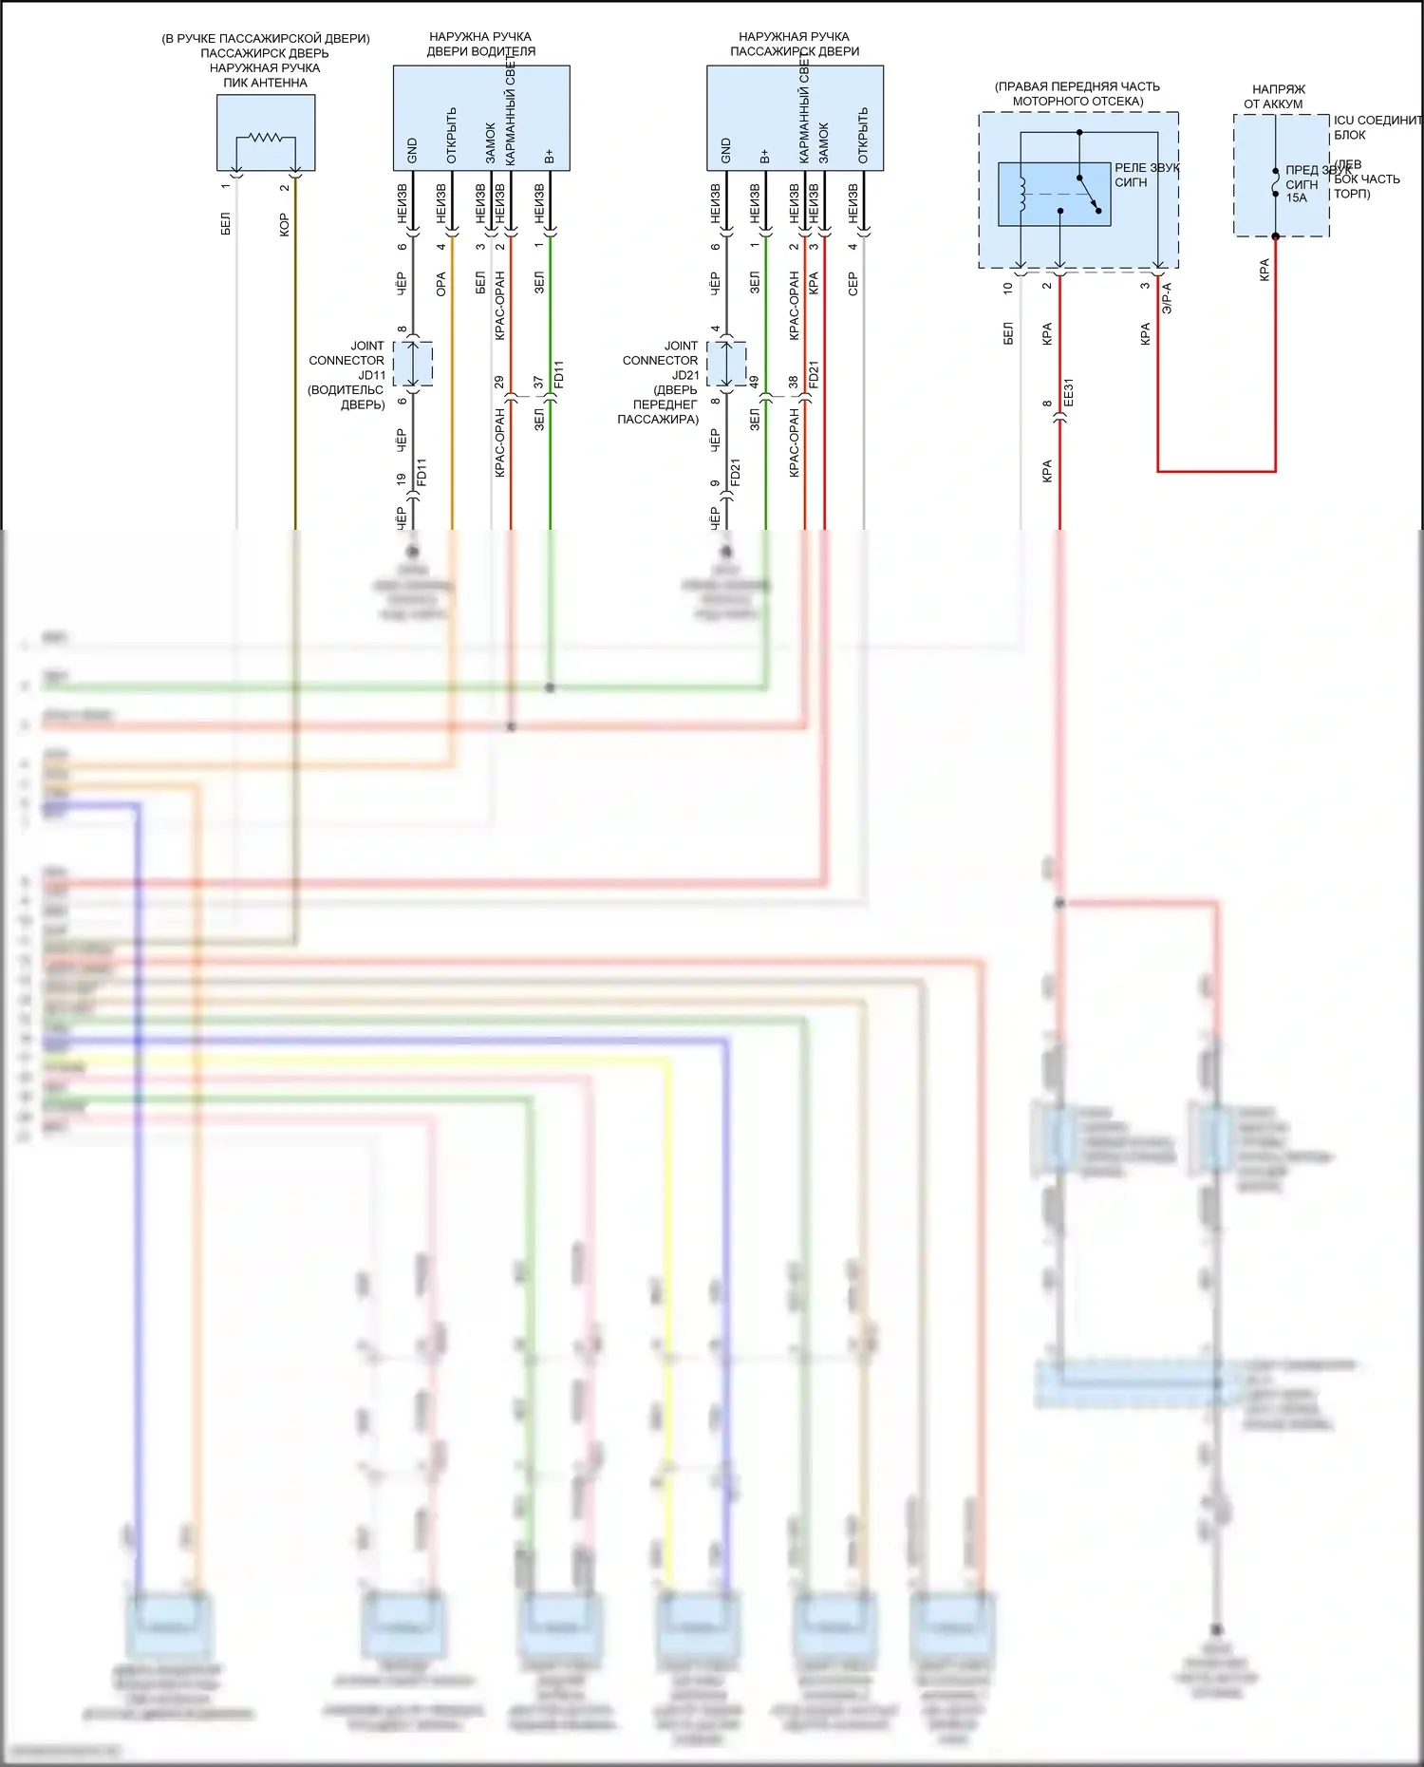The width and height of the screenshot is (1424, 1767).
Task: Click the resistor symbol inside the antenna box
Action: coord(265,138)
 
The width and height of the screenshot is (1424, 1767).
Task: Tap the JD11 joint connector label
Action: coord(371,375)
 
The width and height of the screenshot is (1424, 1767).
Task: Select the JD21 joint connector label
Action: coord(685,375)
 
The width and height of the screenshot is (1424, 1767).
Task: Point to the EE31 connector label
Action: coord(1068,392)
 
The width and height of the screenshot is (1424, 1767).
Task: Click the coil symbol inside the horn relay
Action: coord(1021,194)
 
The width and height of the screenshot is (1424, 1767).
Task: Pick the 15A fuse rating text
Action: coord(1296,198)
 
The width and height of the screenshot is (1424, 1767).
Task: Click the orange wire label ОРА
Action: coord(441,284)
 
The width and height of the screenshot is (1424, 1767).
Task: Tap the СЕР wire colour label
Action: coord(853,284)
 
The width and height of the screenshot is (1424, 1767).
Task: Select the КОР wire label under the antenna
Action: coord(284,225)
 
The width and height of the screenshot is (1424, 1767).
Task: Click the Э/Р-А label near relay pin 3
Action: coord(1167,298)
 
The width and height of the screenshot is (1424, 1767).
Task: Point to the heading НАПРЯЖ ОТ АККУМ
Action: coord(1277,96)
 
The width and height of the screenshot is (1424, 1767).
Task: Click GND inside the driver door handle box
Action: coord(412,150)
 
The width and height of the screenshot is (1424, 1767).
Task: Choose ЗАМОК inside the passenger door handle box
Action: coord(824,142)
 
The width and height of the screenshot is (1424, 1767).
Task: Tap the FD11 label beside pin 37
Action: coord(558,374)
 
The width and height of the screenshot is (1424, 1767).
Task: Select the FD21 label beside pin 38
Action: coord(814,374)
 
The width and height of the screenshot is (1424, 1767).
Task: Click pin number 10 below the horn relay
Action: coord(1008,287)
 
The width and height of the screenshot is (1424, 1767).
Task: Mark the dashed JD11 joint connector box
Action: coord(413,364)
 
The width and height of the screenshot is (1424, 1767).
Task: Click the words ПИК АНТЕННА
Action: coord(265,83)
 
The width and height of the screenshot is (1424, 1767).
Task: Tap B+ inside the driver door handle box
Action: coord(549,155)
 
